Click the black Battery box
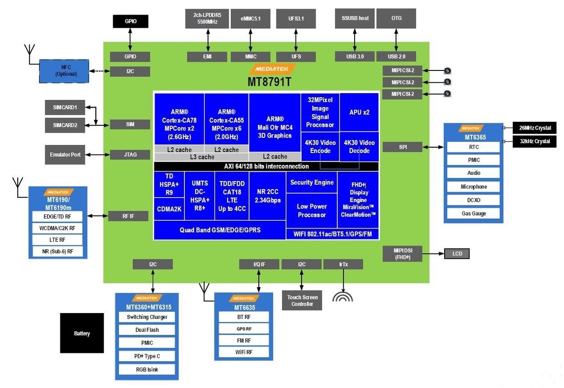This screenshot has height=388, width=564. (x=82, y=333)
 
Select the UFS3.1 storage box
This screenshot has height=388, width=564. (x=296, y=19)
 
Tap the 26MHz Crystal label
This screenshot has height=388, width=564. (x=534, y=128)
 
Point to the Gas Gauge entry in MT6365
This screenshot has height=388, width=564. (x=473, y=213)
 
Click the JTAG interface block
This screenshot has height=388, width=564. (x=130, y=154)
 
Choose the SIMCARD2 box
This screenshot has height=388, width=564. (x=65, y=125)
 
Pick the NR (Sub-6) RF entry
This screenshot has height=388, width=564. (x=58, y=251)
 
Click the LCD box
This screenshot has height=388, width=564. (x=457, y=254)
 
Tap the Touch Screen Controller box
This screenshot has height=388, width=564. (x=302, y=300)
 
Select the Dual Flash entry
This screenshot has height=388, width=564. (x=147, y=330)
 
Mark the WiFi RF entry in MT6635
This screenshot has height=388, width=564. (x=244, y=352)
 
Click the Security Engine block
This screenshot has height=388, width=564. (x=312, y=183)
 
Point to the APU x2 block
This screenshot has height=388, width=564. (x=359, y=112)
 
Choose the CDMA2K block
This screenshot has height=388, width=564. (x=169, y=209)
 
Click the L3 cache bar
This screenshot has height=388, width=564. (x=202, y=157)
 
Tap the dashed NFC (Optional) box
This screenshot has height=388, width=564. (x=64, y=71)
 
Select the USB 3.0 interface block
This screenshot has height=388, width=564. (x=355, y=56)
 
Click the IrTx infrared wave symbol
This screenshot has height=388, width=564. (x=343, y=296)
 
